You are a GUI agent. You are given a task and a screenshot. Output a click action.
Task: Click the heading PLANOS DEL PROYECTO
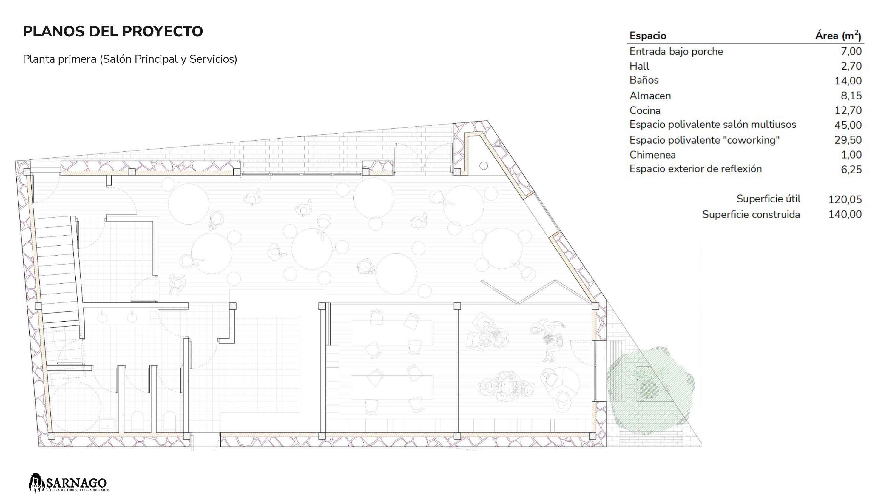(113, 31)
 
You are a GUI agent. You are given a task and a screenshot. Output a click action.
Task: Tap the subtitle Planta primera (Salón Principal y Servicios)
(130, 59)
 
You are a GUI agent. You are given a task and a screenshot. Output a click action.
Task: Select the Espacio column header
(648, 36)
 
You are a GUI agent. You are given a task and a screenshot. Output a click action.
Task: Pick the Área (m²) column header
(838, 35)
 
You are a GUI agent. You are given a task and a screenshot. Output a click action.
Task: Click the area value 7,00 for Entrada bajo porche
(851, 51)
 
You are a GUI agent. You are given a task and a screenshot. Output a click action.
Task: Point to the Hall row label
(639, 66)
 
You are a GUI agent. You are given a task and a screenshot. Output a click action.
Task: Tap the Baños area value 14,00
(848, 81)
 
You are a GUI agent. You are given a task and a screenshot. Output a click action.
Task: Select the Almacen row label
(650, 96)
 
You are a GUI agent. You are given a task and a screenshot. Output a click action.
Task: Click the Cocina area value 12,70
(848, 110)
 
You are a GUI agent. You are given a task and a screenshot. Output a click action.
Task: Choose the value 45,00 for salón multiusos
(848, 125)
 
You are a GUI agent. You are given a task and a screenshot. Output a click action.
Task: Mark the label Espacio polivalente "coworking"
(705, 140)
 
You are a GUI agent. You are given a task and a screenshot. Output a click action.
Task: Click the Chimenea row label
(652, 155)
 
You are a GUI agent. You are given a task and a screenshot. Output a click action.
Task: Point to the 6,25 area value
(851, 169)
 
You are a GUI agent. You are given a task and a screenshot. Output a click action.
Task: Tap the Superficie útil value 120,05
(845, 199)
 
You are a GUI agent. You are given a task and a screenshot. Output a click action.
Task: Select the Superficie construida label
(751, 214)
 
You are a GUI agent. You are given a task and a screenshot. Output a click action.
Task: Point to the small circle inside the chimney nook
(484, 166)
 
